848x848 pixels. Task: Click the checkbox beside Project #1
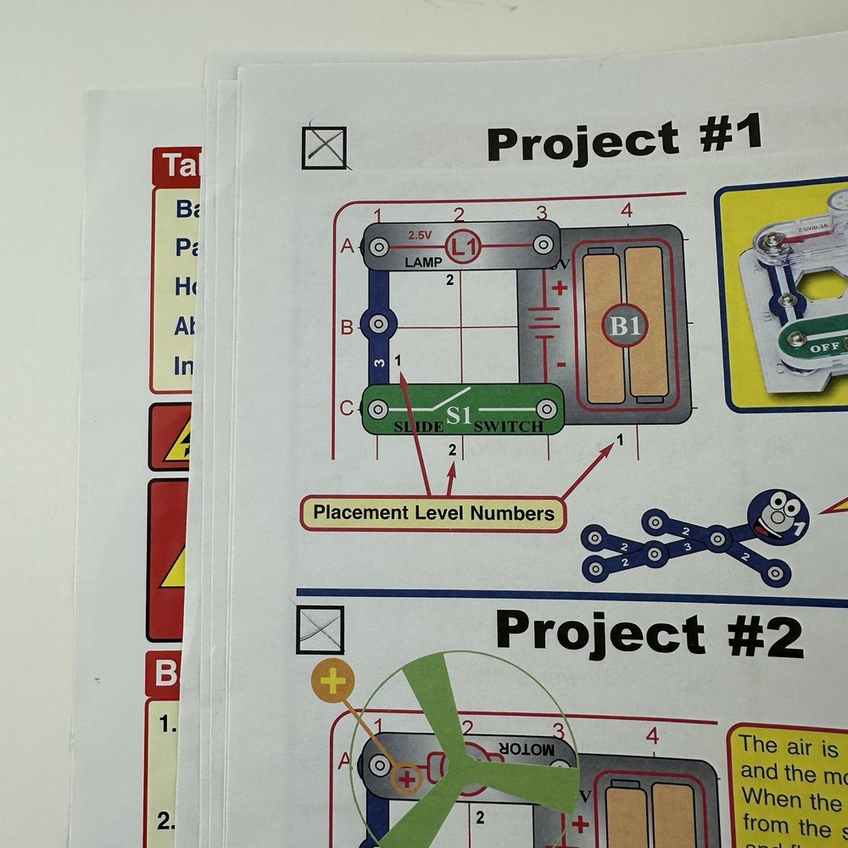pos(324,148)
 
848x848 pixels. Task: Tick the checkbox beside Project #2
pos(320,630)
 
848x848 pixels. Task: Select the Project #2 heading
pos(648,633)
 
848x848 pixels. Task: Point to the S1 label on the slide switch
pos(459,416)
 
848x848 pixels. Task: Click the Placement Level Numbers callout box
pos(432,513)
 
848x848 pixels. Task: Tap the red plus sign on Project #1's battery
pos(560,287)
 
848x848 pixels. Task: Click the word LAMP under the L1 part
pos(423,263)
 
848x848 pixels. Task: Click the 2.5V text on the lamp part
pos(421,234)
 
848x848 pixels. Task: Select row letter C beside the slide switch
pos(346,409)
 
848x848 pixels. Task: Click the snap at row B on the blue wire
pos(378,325)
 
